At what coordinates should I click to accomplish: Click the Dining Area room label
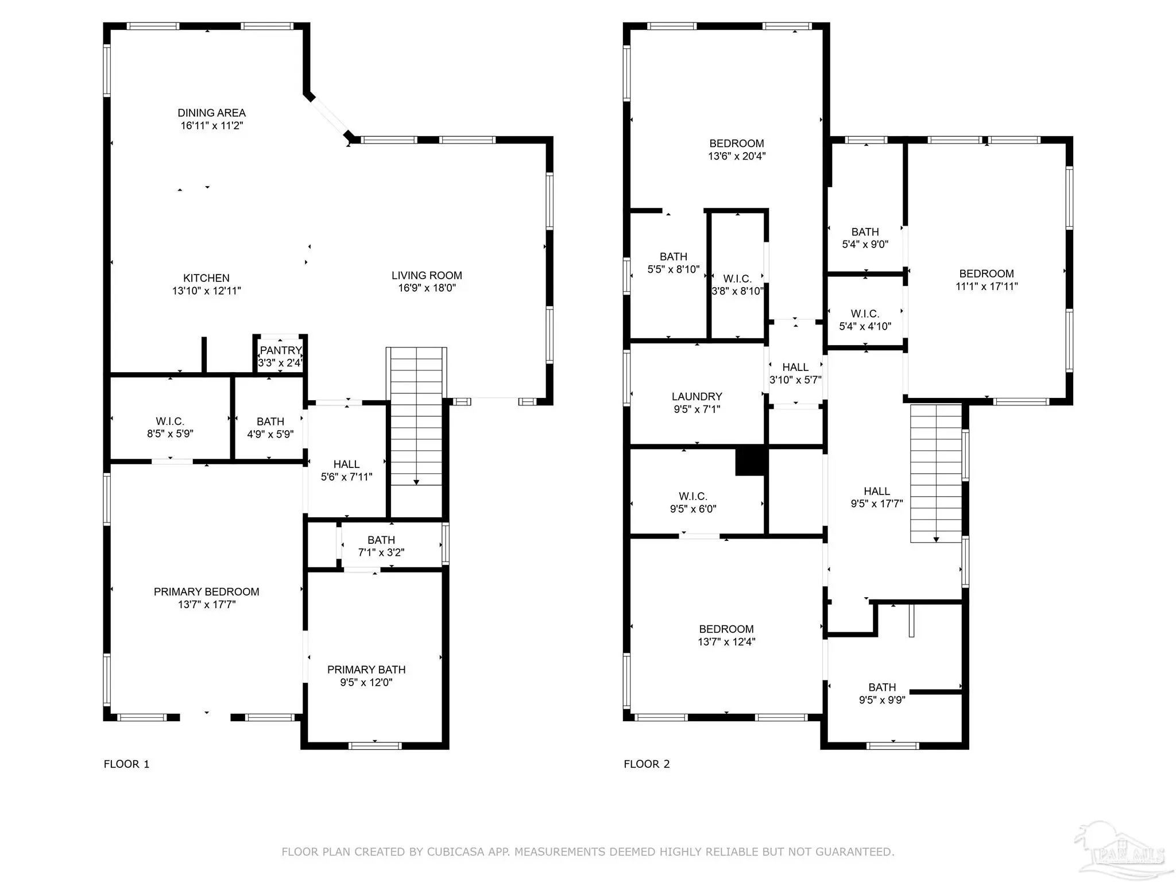coord(211,113)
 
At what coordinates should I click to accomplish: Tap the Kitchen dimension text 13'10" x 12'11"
coord(207,291)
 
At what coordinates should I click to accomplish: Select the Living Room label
coord(427,276)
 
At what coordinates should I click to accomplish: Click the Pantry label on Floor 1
coord(280,350)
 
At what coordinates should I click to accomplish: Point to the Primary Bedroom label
coord(207,592)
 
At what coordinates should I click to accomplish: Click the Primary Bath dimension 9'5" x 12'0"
coord(366,683)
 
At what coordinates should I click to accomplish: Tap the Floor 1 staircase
coord(416,417)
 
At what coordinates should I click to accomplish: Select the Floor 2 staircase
coord(936,474)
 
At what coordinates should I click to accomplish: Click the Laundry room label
coord(697,397)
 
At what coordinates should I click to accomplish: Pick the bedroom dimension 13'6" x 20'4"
coord(737,156)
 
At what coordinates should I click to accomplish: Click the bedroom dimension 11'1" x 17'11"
coord(987,287)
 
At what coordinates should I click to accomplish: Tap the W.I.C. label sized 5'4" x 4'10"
coord(865,314)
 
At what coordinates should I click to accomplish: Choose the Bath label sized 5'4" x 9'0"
coord(865,232)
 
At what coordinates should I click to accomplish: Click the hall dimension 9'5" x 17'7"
coord(877,504)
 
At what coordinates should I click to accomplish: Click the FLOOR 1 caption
coord(126,764)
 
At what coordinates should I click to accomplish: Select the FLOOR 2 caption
coord(647,764)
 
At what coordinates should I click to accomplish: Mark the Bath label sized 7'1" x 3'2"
coord(381,540)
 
